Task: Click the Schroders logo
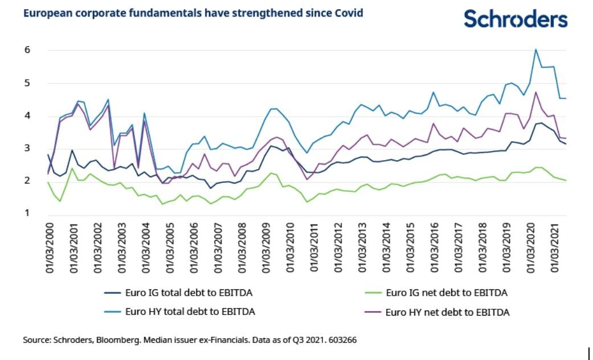point(516,19)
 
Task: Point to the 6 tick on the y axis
point(26,50)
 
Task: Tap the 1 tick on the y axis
point(26,214)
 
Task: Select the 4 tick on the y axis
point(26,116)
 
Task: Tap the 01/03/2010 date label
point(291,249)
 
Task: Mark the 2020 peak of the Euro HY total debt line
point(535,50)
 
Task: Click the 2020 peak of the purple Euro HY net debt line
point(535,92)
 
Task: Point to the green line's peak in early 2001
point(72,169)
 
